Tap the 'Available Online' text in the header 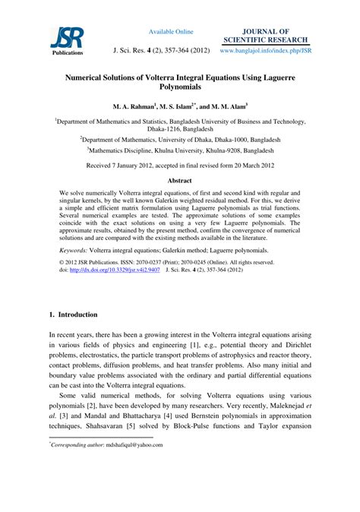coord(171,31)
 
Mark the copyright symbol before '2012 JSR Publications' coord(62,260)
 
